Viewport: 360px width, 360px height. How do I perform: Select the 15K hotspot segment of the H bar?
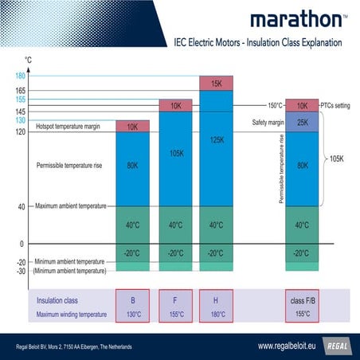point(216,84)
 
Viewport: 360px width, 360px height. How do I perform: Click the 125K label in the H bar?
point(216,140)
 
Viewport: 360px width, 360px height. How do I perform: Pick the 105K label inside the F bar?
point(176,154)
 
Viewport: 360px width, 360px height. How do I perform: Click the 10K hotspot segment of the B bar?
point(132,127)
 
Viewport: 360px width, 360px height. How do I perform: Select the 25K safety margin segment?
point(302,122)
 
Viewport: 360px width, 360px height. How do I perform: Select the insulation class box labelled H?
point(216,300)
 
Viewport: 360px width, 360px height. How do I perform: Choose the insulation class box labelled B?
point(132,300)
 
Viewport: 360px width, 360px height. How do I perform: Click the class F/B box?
point(302,300)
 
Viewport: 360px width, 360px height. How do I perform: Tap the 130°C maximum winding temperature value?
point(132,315)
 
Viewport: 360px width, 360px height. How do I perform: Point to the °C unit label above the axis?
point(29,60)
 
